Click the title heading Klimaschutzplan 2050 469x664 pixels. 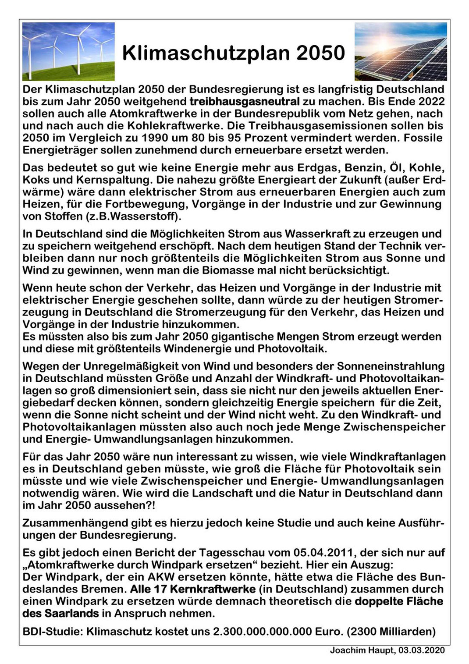click(233, 53)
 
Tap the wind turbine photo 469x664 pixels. click(68, 52)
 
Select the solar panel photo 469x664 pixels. click(401, 52)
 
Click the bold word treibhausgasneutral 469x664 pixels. click(245, 102)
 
